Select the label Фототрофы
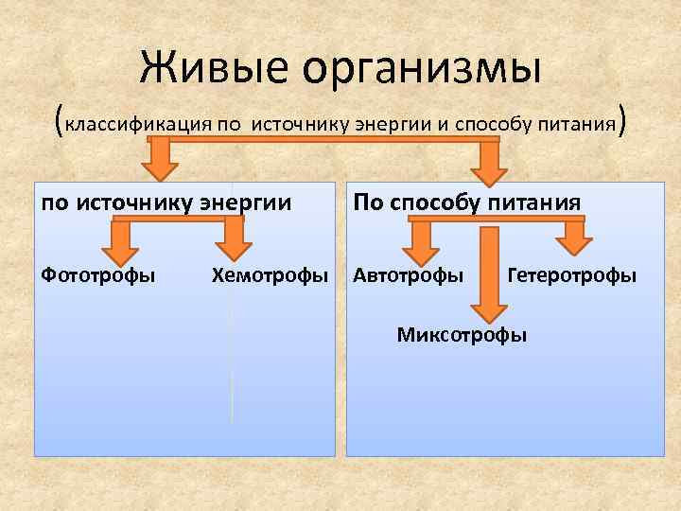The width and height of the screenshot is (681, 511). pyautogui.click(x=98, y=275)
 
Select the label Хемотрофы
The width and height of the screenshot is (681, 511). pyautogui.click(x=270, y=275)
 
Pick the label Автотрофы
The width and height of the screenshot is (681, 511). pyautogui.click(x=409, y=275)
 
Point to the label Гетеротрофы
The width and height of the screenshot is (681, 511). pyautogui.click(x=571, y=275)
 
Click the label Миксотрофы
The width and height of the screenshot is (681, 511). pyautogui.click(x=462, y=334)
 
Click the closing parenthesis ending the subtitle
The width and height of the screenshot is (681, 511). pyautogui.click(x=621, y=121)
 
